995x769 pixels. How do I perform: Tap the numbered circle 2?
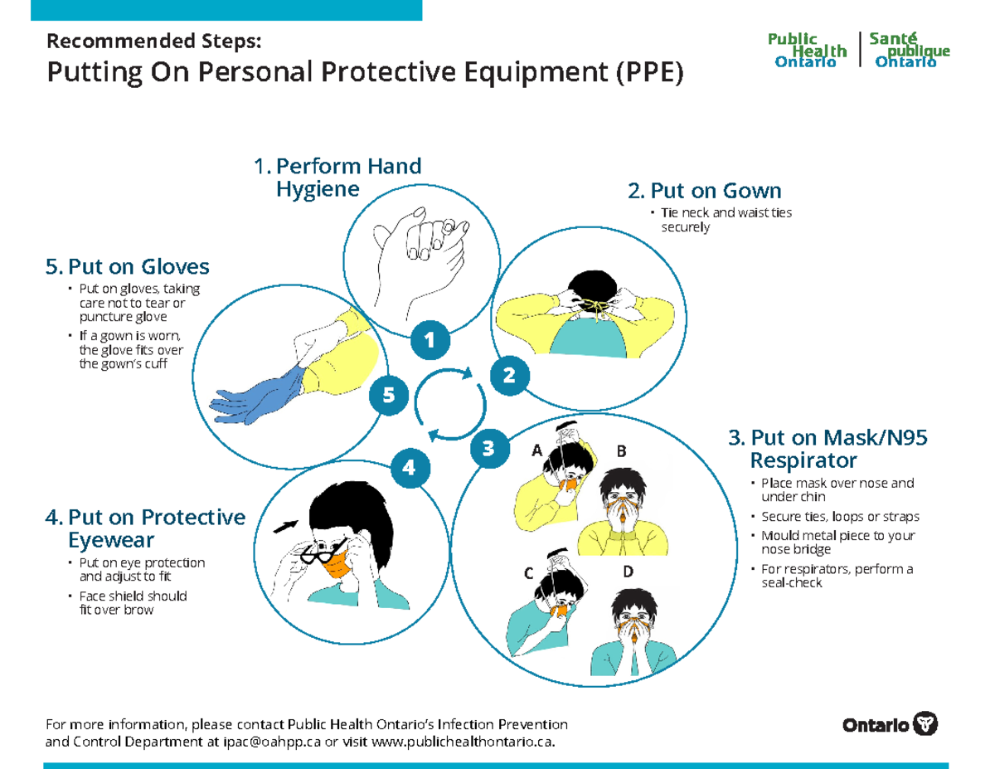coord(509,375)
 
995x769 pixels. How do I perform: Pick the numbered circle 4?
coord(408,468)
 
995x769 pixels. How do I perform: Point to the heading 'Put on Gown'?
coord(705,192)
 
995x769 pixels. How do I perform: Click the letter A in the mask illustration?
coord(536,451)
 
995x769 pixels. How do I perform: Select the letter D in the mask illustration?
coord(629,572)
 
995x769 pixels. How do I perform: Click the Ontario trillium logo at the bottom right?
coord(925,723)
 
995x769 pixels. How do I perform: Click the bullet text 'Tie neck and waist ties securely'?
coord(726,220)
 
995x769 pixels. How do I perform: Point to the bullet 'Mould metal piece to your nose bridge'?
coord(826,543)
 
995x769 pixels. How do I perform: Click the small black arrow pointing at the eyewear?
coord(286,524)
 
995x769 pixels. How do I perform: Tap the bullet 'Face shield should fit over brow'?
coord(133,602)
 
